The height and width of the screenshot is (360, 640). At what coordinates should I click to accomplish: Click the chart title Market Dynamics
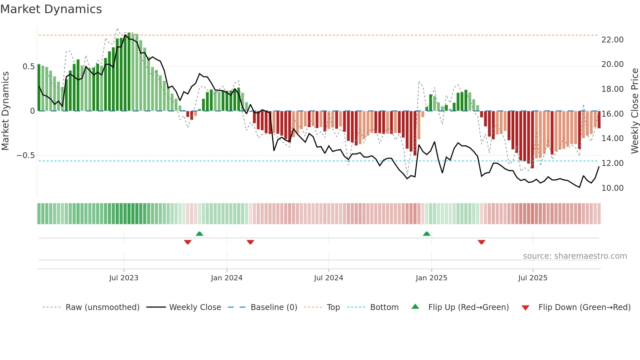point(51,9)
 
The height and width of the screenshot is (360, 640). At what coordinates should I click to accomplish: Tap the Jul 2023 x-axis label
point(124,278)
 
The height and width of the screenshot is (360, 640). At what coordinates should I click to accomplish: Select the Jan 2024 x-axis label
point(227,278)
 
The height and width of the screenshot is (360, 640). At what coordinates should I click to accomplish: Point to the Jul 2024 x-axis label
point(328,278)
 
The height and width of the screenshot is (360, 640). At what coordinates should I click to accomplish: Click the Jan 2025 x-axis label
point(431,278)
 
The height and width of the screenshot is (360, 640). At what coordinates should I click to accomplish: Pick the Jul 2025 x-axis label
point(533,278)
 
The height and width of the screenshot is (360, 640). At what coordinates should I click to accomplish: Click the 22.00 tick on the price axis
point(612,40)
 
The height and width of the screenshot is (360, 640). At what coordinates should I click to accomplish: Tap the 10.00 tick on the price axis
point(612,188)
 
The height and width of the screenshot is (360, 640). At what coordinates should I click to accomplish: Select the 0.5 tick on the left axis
point(28,67)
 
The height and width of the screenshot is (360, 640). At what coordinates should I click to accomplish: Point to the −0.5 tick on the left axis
point(26,155)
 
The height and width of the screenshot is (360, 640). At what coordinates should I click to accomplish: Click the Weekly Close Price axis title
point(634,111)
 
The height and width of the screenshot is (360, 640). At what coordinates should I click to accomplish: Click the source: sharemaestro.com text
point(575,256)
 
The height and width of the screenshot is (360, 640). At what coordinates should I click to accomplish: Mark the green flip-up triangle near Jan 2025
point(426,234)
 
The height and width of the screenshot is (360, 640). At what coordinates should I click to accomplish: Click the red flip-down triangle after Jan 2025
point(481,242)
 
